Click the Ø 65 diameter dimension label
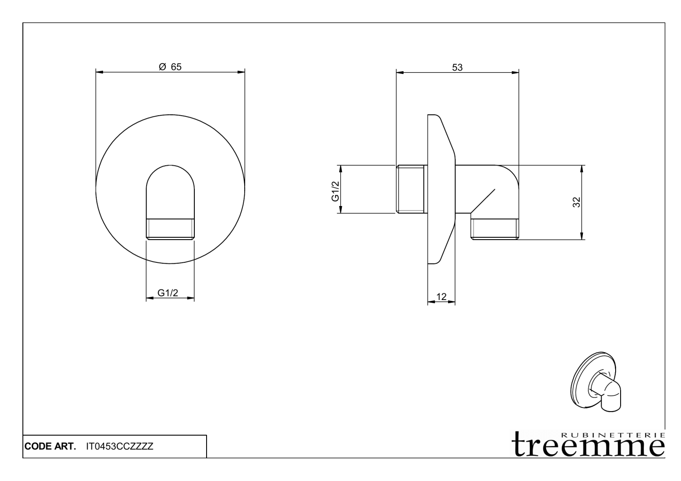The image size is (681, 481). coord(170,67)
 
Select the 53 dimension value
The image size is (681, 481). coord(457,68)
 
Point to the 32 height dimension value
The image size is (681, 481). coord(577,202)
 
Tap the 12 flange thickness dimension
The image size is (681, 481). coord(441,297)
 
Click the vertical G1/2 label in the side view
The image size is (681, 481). coord(335,191)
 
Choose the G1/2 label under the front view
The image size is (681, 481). coord(168,293)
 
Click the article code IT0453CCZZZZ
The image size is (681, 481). coord(119,447)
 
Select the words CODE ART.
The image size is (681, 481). coord(50,447)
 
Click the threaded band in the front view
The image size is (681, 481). coord(170,229)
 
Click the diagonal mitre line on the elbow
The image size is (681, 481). coord(483,201)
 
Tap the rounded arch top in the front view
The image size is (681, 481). coord(170,175)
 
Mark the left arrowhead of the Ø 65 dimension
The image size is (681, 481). coord(99,72)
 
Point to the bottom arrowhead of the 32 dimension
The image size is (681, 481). coord(582,236)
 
